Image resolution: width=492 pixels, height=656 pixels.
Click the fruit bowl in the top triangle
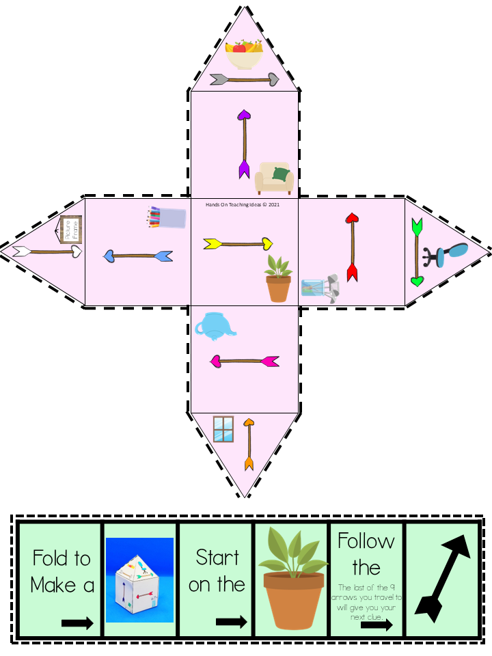pos(244,55)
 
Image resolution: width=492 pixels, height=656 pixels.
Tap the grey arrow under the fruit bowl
pos(245,80)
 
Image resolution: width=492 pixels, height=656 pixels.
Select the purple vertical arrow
pos(244,143)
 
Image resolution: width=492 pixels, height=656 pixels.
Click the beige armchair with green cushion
pos(274,178)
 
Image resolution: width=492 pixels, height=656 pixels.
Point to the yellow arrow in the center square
pos(238,243)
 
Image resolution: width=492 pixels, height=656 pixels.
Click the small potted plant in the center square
pos(278,279)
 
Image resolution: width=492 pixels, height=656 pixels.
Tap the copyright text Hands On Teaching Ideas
pos(243,204)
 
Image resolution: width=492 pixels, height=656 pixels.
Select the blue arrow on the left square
pos(137,256)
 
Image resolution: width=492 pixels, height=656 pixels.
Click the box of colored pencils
pos(166,217)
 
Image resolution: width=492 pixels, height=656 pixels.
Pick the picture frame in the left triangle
pos(70,230)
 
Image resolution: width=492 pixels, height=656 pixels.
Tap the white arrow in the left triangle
pos(48,251)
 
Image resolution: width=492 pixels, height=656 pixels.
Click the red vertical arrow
pos(353,247)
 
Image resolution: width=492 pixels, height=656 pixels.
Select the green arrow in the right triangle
pos(417,252)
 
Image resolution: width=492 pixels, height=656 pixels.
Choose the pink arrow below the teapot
pos(244,360)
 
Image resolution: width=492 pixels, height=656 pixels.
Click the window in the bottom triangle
pos(223,429)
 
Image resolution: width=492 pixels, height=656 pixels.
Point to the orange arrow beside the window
pos(249,444)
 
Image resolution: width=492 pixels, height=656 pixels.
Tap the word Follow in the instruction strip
pos(366,541)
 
